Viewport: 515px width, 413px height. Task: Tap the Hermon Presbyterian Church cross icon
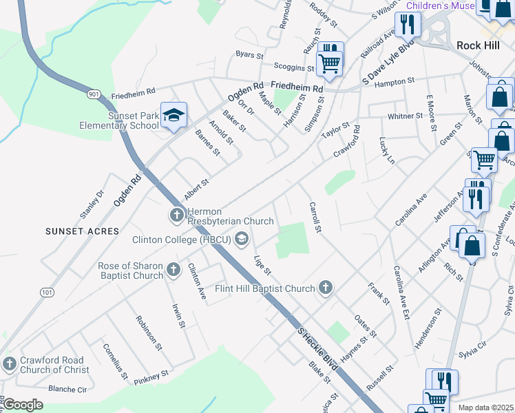[x=176, y=216]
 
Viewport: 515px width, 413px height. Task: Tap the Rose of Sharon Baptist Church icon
[x=174, y=271]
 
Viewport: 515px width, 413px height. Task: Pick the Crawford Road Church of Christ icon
[x=10, y=364]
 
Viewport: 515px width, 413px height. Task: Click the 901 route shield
[x=94, y=92]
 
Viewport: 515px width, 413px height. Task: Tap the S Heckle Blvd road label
[x=317, y=350]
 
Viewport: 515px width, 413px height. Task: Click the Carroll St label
[x=316, y=216]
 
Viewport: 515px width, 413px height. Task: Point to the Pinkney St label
[x=151, y=377]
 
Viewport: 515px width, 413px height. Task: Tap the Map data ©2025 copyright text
[x=485, y=407]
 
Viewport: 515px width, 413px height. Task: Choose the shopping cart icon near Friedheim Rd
[x=330, y=63]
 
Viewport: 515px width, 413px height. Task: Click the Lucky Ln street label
[x=387, y=149]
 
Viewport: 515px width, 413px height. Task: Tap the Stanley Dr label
[x=91, y=204]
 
